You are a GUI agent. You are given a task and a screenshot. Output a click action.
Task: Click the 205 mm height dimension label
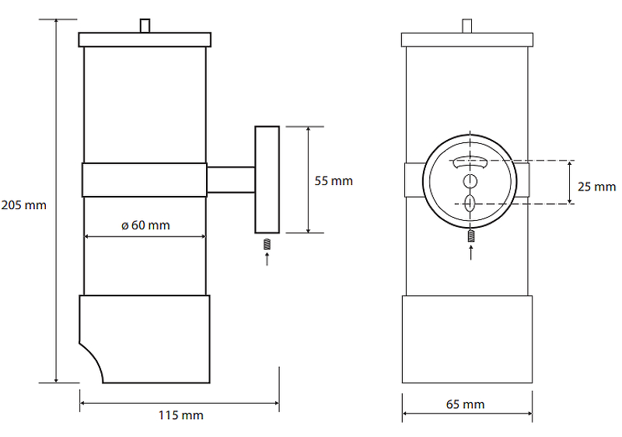tap(24, 206)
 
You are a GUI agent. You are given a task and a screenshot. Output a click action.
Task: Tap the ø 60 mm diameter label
tap(145, 225)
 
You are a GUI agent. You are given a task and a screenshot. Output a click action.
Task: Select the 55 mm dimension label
tap(334, 181)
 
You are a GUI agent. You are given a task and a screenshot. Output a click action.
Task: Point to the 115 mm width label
tap(180, 415)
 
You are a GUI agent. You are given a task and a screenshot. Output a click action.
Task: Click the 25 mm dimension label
tap(596, 187)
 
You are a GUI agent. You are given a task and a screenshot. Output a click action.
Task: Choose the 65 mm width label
tap(466, 404)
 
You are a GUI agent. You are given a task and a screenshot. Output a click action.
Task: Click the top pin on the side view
tap(145, 26)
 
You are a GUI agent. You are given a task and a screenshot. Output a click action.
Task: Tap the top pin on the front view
tap(466, 26)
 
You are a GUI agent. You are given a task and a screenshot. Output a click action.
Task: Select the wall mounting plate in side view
tap(267, 180)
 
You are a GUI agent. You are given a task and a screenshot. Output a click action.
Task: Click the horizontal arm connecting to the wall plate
tap(231, 180)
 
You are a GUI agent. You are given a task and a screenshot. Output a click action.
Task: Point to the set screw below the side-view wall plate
tap(267, 244)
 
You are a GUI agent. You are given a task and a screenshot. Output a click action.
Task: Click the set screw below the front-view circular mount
tap(470, 236)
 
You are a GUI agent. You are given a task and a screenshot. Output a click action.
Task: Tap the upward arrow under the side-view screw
tap(267, 260)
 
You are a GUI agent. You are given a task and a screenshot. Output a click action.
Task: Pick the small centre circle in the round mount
tap(469, 181)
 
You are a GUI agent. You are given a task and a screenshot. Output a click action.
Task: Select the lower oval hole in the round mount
tap(469, 203)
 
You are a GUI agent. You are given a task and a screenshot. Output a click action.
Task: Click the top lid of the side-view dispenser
tap(145, 39)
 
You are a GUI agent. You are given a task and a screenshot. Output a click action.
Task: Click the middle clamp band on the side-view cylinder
tap(145, 180)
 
